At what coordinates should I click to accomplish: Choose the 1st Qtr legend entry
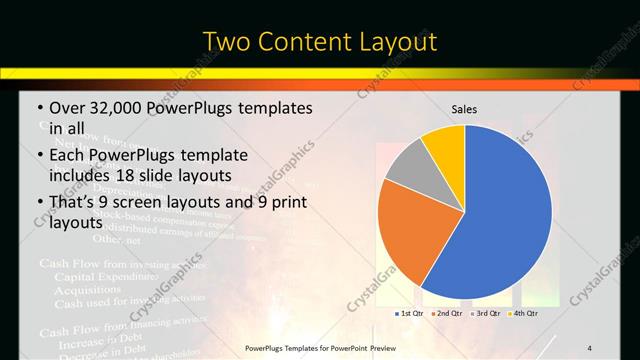(x=410, y=313)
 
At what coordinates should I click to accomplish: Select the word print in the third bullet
(x=287, y=204)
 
